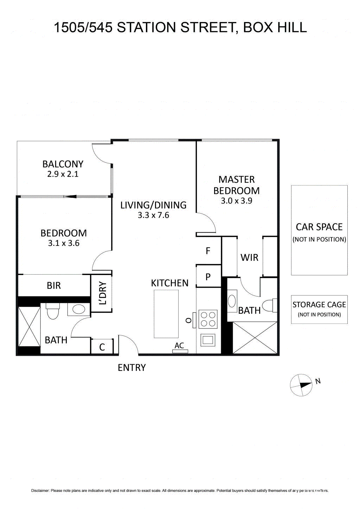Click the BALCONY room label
[63, 164]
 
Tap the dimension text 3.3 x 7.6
[153, 215]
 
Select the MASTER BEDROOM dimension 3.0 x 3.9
[236, 201]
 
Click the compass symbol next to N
[301, 385]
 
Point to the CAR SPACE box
[319, 230]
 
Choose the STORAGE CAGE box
[319, 309]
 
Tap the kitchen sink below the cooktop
[208, 340]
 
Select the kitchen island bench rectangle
[166, 314]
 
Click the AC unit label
[179, 346]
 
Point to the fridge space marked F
[208, 251]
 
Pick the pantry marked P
[208, 277]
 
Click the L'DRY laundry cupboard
[102, 293]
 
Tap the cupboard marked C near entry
[102, 347]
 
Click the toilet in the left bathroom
[53, 311]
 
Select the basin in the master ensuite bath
[232, 301]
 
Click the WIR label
[249, 257]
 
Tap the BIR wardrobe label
[54, 286]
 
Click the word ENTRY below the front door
[131, 368]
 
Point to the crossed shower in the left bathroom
[29, 327]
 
